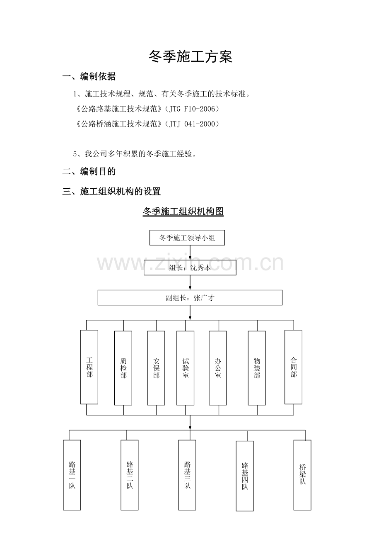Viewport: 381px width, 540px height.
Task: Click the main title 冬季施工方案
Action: point(190,57)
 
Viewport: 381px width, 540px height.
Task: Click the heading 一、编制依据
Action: point(89,76)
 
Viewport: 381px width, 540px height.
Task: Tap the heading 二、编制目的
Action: point(89,171)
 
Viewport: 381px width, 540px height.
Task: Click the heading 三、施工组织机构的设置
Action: point(111,192)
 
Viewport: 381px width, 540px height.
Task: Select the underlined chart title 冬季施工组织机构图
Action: point(183,212)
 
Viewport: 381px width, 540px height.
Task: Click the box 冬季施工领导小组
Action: point(187,238)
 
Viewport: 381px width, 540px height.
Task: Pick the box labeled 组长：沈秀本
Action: point(190,268)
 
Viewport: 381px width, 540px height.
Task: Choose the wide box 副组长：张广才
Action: point(190,298)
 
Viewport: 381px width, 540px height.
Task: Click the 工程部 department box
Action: point(89,367)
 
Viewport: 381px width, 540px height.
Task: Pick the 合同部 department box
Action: point(293,367)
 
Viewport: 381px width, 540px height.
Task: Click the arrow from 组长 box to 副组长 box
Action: point(190,282)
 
